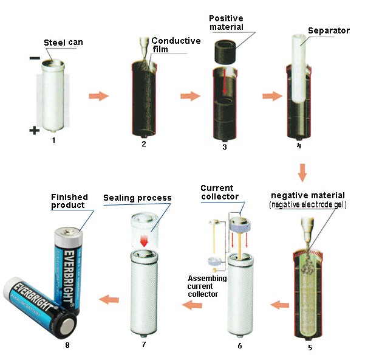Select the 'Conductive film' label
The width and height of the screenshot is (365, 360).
176,45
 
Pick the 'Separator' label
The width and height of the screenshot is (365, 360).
328,30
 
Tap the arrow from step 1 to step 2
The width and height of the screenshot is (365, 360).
98,96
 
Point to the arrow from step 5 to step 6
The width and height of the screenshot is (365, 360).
280,304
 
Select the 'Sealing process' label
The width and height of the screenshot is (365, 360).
137,198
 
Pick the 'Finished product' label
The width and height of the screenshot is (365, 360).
69,201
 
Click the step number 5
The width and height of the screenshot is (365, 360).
309,347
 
